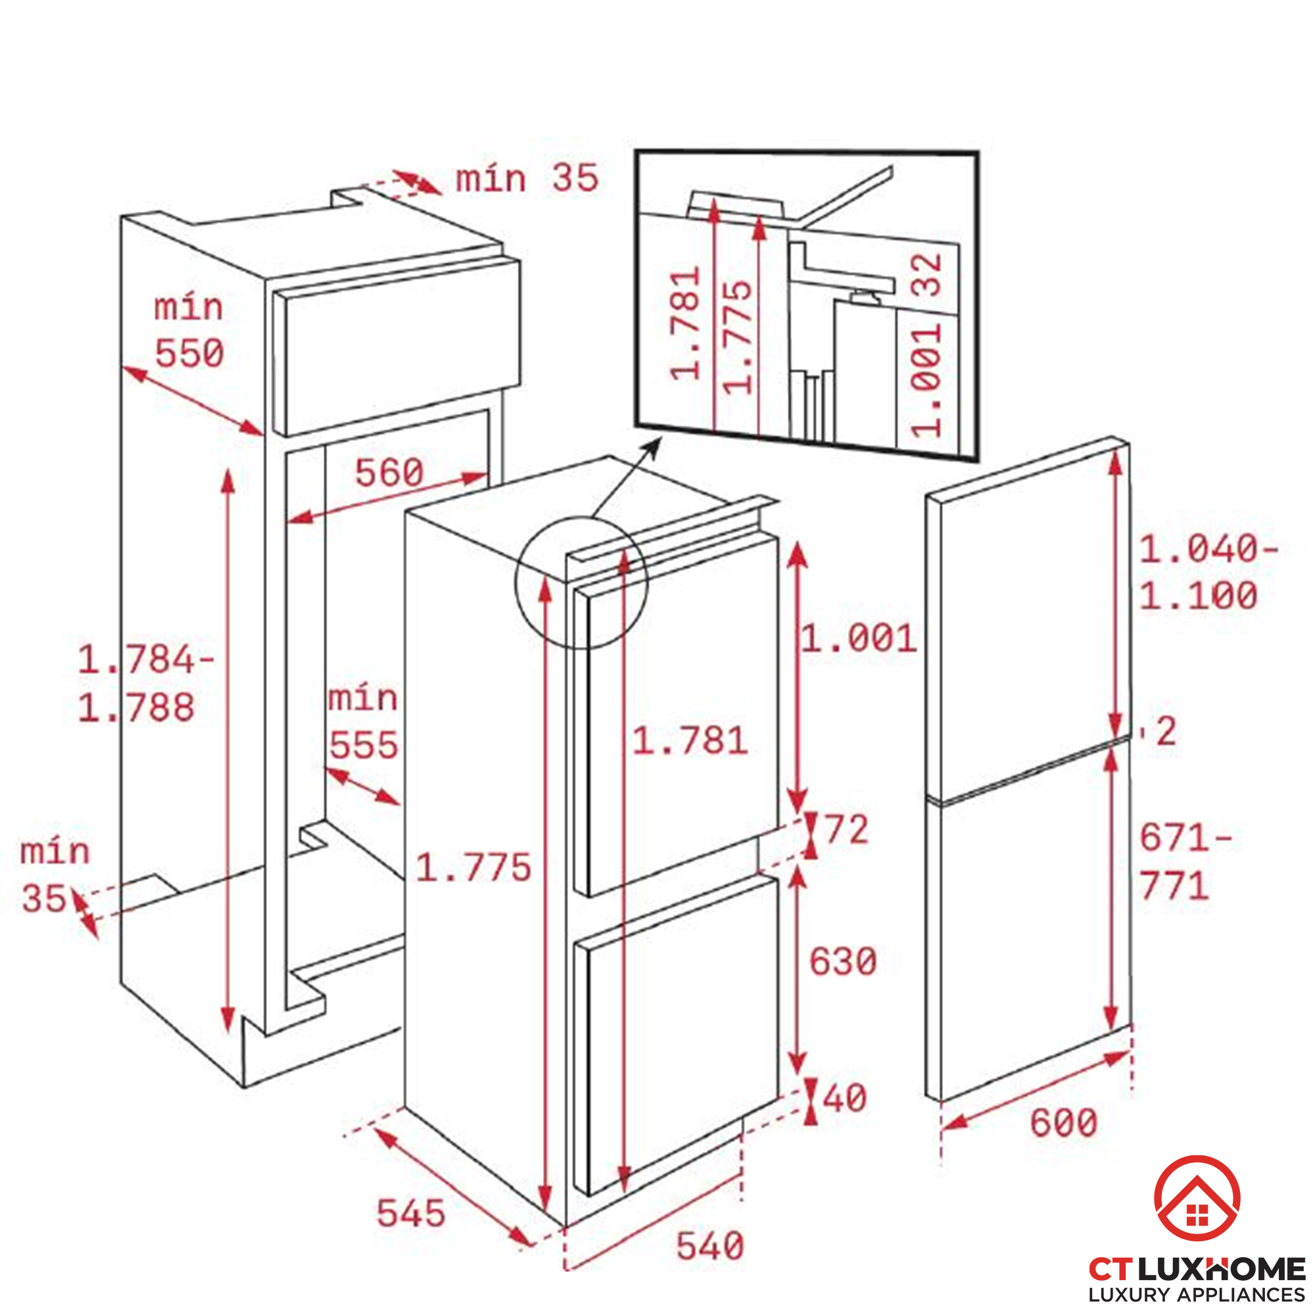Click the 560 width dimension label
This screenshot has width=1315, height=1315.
389,471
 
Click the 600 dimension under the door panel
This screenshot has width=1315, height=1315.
1064,1122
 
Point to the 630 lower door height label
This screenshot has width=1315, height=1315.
843,962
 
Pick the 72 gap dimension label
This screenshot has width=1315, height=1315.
846,830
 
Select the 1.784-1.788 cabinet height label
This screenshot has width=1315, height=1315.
145,684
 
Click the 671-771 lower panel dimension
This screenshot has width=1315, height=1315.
1184,862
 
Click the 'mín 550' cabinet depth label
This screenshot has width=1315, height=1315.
189,330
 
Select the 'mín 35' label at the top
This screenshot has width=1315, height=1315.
526,178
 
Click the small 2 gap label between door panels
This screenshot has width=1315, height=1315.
1166,732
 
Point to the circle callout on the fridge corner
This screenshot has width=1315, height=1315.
581,583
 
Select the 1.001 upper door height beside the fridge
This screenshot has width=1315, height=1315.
858,638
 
